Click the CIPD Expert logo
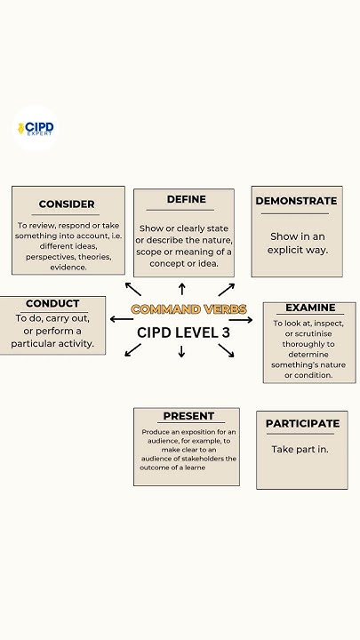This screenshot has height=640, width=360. (x=36, y=129)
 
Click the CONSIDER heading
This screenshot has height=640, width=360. (x=67, y=204)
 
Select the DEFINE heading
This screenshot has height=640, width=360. (x=186, y=199)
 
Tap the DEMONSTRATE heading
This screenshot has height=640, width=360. (x=296, y=201)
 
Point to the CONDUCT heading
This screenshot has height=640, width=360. (x=52, y=304)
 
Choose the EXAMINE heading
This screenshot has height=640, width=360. (x=310, y=308)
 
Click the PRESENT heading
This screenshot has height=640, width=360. (x=188, y=416)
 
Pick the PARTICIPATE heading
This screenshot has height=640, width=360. (x=302, y=423)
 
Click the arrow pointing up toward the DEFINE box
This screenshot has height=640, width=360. (x=182, y=288)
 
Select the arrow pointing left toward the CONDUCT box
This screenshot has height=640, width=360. (x=121, y=318)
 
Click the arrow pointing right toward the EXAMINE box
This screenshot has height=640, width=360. (x=242, y=320)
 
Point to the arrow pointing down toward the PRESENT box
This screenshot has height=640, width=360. (x=182, y=351)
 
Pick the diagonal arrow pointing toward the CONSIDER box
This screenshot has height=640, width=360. (x=132, y=288)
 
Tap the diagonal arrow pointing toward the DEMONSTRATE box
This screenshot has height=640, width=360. (x=227, y=289)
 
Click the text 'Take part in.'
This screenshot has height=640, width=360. (x=300, y=450)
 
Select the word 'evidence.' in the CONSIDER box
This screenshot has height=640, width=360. (x=68, y=267)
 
